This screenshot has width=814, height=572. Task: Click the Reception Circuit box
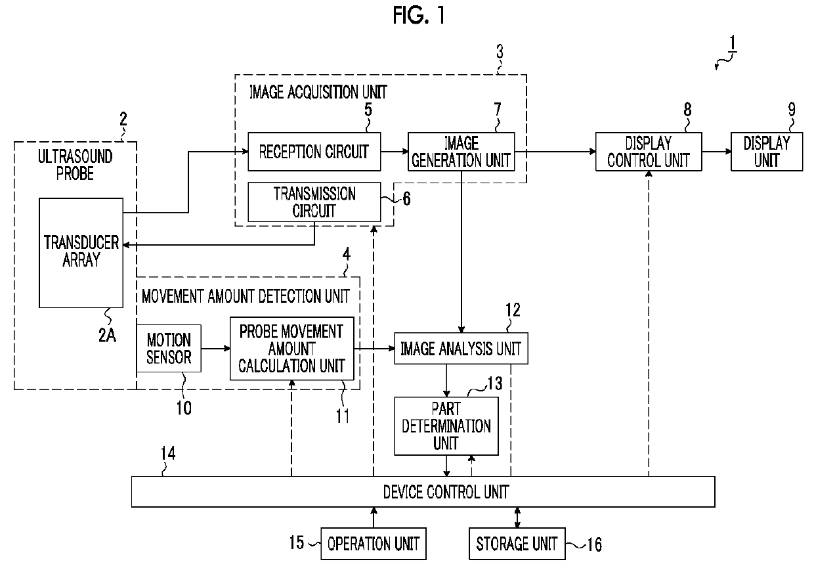[x=314, y=152]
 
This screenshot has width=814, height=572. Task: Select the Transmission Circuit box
[x=314, y=202]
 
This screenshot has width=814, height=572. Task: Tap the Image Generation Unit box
[x=461, y=152]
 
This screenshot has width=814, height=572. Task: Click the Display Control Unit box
[x=649, y=152]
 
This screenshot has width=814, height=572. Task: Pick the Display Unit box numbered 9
[x=767, y=152]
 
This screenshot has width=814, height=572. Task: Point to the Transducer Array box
[x=81, y=253]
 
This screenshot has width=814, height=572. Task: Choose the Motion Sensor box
[x=169, y=348]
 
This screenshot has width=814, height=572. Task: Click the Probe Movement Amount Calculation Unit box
[x=292, y=348]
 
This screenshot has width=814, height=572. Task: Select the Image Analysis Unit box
[x=461, y=348]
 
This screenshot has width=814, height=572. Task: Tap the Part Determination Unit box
[x=446, y=426]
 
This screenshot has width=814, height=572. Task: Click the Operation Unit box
[x=374, y=544]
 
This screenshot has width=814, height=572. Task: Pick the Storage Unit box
[x=517, y=544]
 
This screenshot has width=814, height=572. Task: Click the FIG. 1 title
[x=419, y=15]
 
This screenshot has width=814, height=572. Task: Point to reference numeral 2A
[x=107, y=335]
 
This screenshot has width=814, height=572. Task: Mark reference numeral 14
[x=168, y=453]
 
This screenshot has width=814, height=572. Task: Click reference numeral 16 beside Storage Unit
[x=595, y=544]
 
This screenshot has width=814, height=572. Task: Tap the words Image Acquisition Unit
[x=318, y=92]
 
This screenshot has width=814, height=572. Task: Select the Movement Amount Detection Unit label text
[x=246, y=296]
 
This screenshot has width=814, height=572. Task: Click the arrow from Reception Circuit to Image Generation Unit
[x=395, y=151]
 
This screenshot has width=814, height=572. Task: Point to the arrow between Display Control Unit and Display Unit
[x=717, y=151]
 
